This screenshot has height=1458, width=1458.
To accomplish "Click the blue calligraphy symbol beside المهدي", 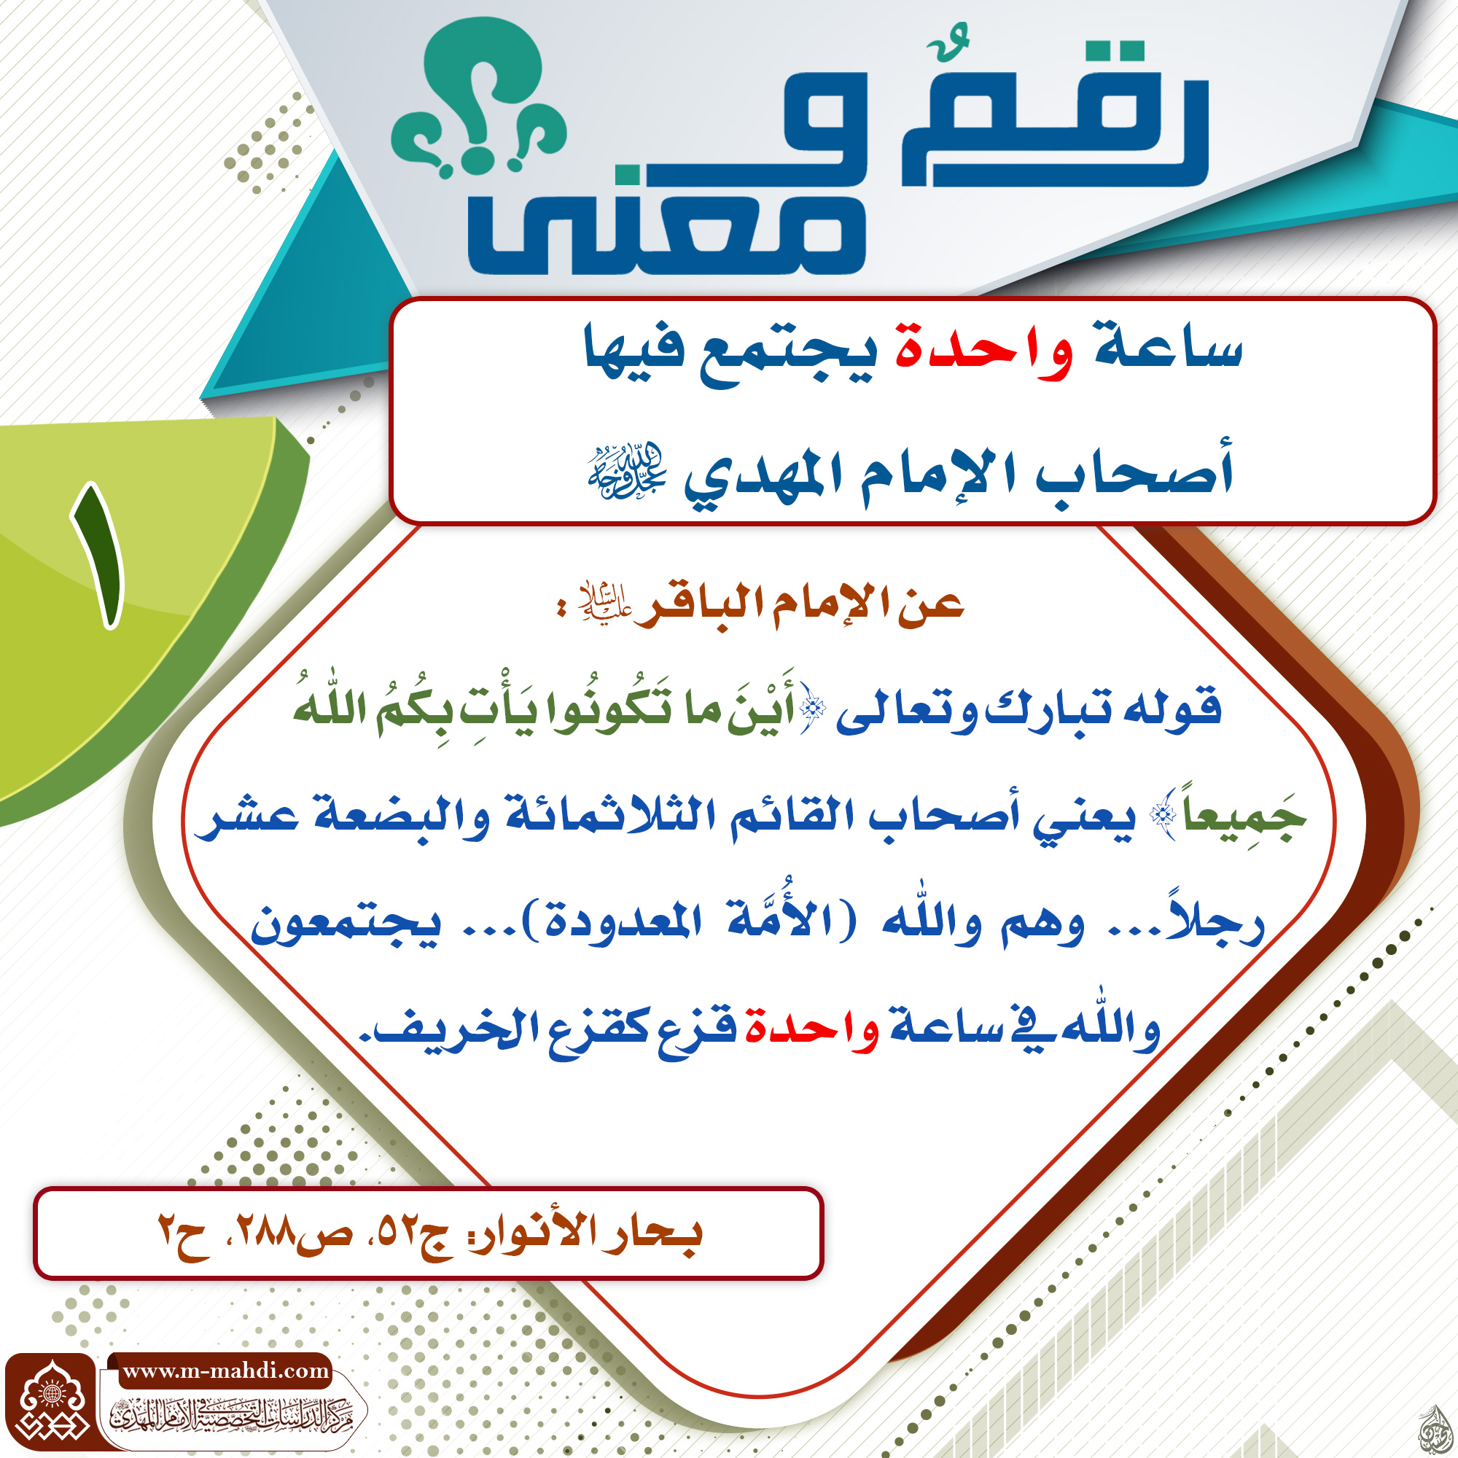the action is coord(626,472).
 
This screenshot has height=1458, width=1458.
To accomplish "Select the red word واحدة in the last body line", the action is coord(812,1031).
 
